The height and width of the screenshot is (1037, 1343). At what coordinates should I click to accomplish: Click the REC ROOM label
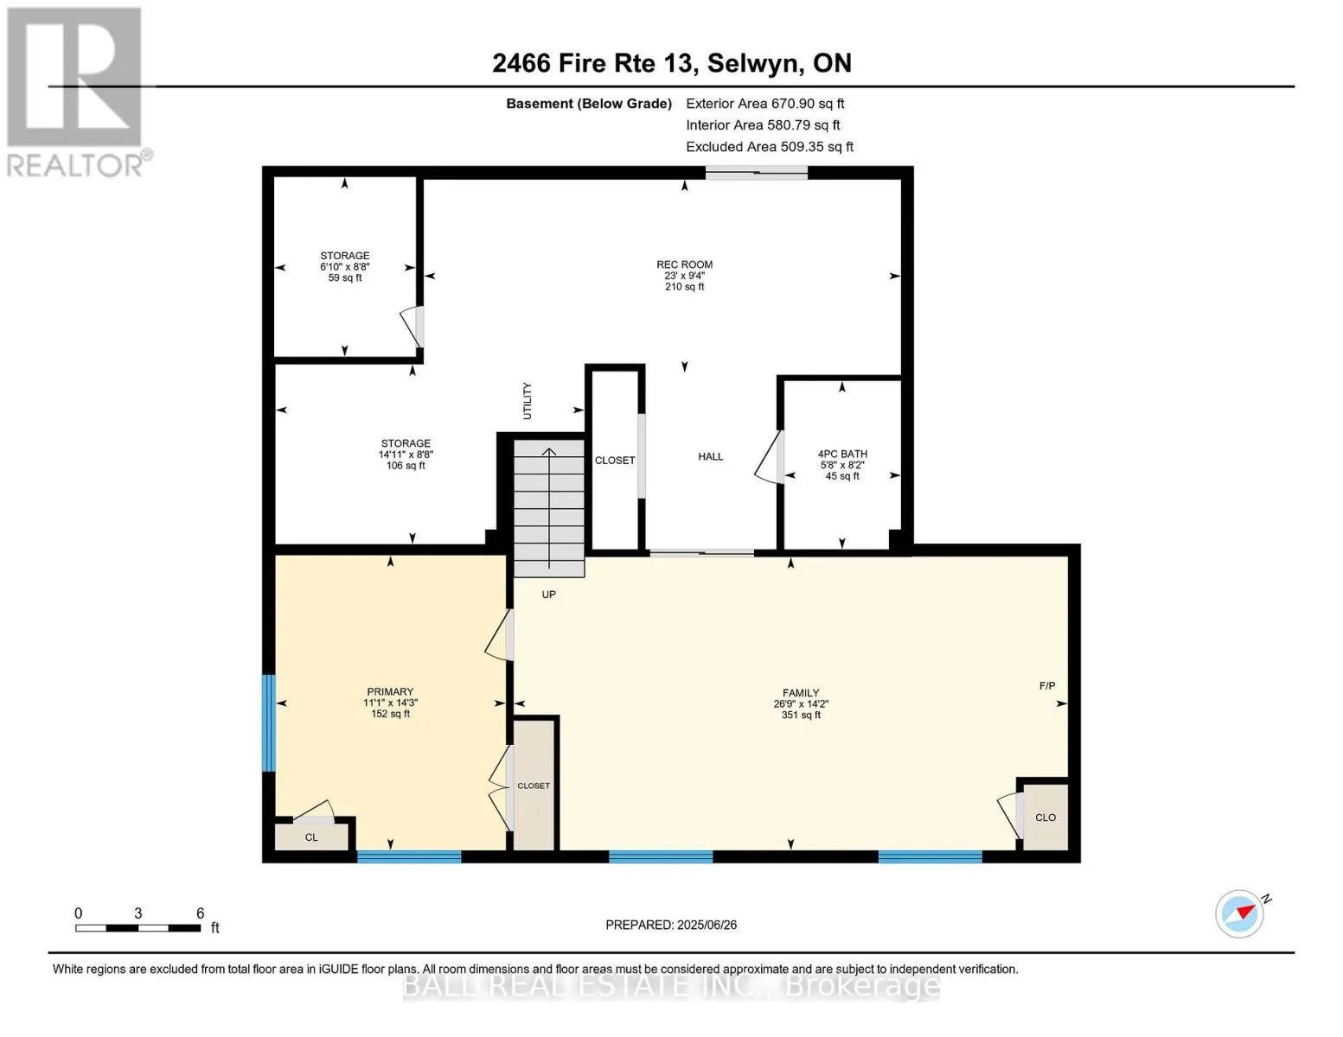click(x=684, y=264)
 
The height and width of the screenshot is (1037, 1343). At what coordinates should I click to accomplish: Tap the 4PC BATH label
click(x=842, y=454)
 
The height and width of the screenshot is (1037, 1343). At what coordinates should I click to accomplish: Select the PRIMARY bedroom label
click(x=390, y=691)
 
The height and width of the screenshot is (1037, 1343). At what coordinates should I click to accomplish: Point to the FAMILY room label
click(x=801, y=693)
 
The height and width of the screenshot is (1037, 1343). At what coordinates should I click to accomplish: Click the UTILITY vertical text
click(x=528, y=401)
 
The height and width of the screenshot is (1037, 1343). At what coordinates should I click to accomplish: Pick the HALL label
click(x=710, y=456)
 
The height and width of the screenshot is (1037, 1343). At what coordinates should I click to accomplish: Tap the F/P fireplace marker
click(x=1047, y=685)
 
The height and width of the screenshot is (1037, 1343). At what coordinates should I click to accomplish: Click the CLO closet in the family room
click(x=1046, y=818)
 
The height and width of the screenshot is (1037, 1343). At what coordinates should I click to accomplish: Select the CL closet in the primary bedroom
click(x=311, y=837)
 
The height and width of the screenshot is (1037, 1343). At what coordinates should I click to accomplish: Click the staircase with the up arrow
click(x=549, y=507)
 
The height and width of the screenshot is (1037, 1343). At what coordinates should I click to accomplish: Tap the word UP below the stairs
click(x=549, y=595)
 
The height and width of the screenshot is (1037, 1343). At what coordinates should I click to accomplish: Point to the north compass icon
click(x=1240, y=914)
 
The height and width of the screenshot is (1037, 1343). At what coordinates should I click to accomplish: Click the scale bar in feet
click(x=138, y=927)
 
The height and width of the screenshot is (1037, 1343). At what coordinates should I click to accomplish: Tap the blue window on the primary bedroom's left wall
click(x=269, y=723)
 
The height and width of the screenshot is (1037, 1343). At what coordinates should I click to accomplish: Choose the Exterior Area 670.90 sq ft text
click(x=765, y=104)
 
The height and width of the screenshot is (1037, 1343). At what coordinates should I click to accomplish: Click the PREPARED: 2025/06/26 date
click(x=671, y=925)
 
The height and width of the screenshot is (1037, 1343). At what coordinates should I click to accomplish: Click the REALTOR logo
click(x=77, y=92)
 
